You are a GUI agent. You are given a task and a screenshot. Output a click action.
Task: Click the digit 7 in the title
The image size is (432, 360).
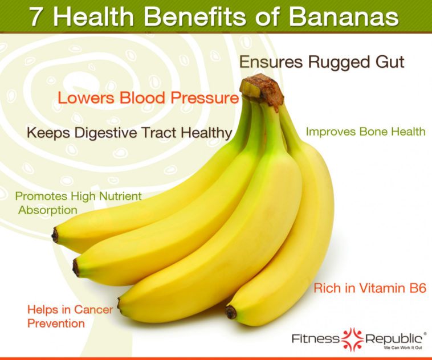coord(36,17)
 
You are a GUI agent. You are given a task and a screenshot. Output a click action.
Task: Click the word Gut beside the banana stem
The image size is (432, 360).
coord(389,62)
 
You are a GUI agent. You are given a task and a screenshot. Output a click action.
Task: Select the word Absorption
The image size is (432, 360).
coord(48,210)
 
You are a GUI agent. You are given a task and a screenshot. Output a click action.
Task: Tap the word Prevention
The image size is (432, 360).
coord(56,324)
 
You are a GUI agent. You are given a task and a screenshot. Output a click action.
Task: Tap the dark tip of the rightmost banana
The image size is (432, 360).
coord(231,312)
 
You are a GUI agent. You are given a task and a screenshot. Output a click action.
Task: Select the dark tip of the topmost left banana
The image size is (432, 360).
coord(55,235)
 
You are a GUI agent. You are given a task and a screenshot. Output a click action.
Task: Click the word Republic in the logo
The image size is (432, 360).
coord(396,338)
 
